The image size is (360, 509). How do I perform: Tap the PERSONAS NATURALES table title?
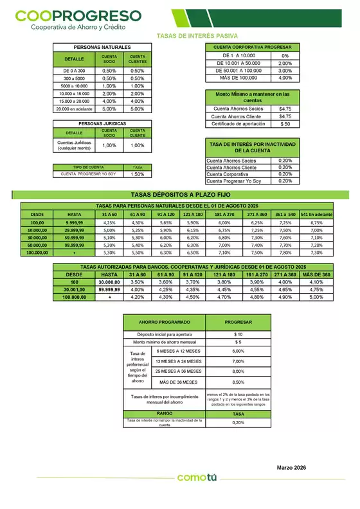click(102, 48)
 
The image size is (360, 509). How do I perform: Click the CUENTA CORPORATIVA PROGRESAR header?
click(251, 48)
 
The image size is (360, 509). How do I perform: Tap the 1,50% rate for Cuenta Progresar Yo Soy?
click(137, 174)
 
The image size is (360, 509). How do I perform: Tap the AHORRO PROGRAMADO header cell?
click(164, 322)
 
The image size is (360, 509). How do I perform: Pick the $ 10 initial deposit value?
click(238, 335)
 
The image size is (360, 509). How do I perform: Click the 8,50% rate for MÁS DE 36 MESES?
click(238, 382)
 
